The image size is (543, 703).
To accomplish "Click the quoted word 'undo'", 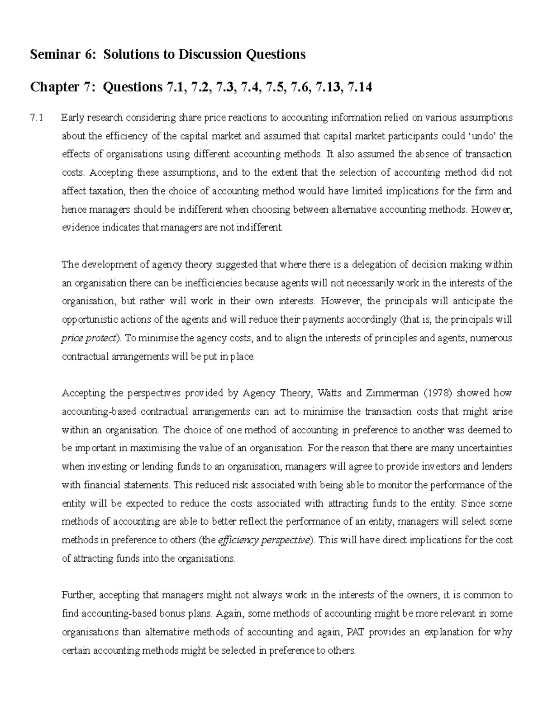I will tap(479, 136).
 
